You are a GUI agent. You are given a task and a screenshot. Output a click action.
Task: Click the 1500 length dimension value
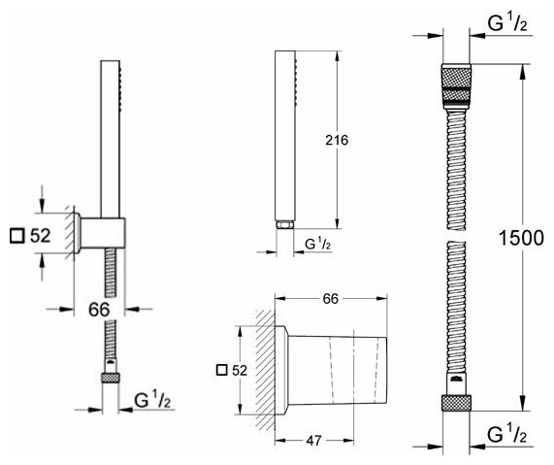pos(521,238)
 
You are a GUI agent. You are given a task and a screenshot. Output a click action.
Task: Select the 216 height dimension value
pos(337,141)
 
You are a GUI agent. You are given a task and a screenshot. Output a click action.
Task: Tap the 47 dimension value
pos(314,441)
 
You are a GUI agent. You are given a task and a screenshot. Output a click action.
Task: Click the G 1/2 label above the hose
pos(507,23)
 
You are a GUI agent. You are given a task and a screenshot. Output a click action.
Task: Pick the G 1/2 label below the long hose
pos(507,435)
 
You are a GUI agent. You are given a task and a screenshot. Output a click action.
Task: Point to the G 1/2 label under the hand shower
pos(317,244)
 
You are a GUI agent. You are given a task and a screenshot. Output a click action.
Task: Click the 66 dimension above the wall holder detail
pos(331,299)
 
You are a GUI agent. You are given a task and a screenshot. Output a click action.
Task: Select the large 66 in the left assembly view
pos(99,310)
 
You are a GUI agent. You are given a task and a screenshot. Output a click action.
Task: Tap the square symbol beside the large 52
pos(16,236)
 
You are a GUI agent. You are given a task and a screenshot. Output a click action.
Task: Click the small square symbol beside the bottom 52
pos(222,370)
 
